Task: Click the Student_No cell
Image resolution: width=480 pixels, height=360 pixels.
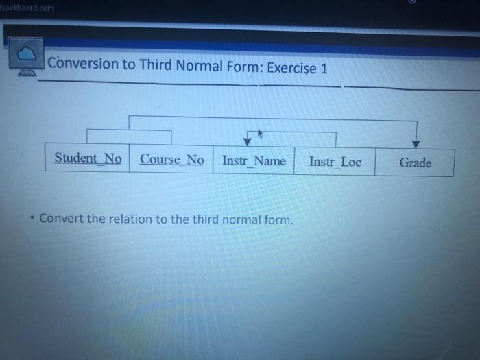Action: click(87, 157)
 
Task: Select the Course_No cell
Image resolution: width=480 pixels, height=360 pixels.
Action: click(171, 159)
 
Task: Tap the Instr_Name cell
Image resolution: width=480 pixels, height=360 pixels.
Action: click(254, 160)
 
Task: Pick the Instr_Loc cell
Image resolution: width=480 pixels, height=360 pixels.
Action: click(335, 161)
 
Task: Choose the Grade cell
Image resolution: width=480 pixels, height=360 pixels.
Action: click(415, 163)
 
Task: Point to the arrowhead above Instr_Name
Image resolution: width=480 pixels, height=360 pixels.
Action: click(248, 142)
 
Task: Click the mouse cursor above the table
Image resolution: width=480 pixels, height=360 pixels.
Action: click(260, 134)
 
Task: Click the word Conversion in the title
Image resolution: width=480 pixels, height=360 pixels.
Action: click(83, 63)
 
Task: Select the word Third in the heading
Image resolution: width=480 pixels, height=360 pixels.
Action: click(156, 64)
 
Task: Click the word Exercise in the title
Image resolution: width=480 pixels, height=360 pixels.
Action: click(291, 68)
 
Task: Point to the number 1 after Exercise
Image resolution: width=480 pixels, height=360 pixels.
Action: click(324, 69)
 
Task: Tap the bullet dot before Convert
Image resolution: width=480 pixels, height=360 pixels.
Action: click(32, 217)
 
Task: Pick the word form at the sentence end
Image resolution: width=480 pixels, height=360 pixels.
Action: click(278, 220)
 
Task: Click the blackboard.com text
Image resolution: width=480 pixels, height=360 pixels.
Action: click(27, 8)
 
